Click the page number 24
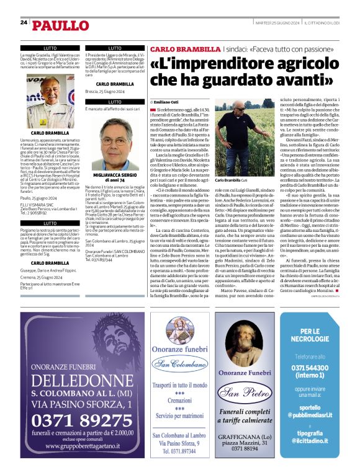point(23,22)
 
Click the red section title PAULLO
point(60,25)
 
